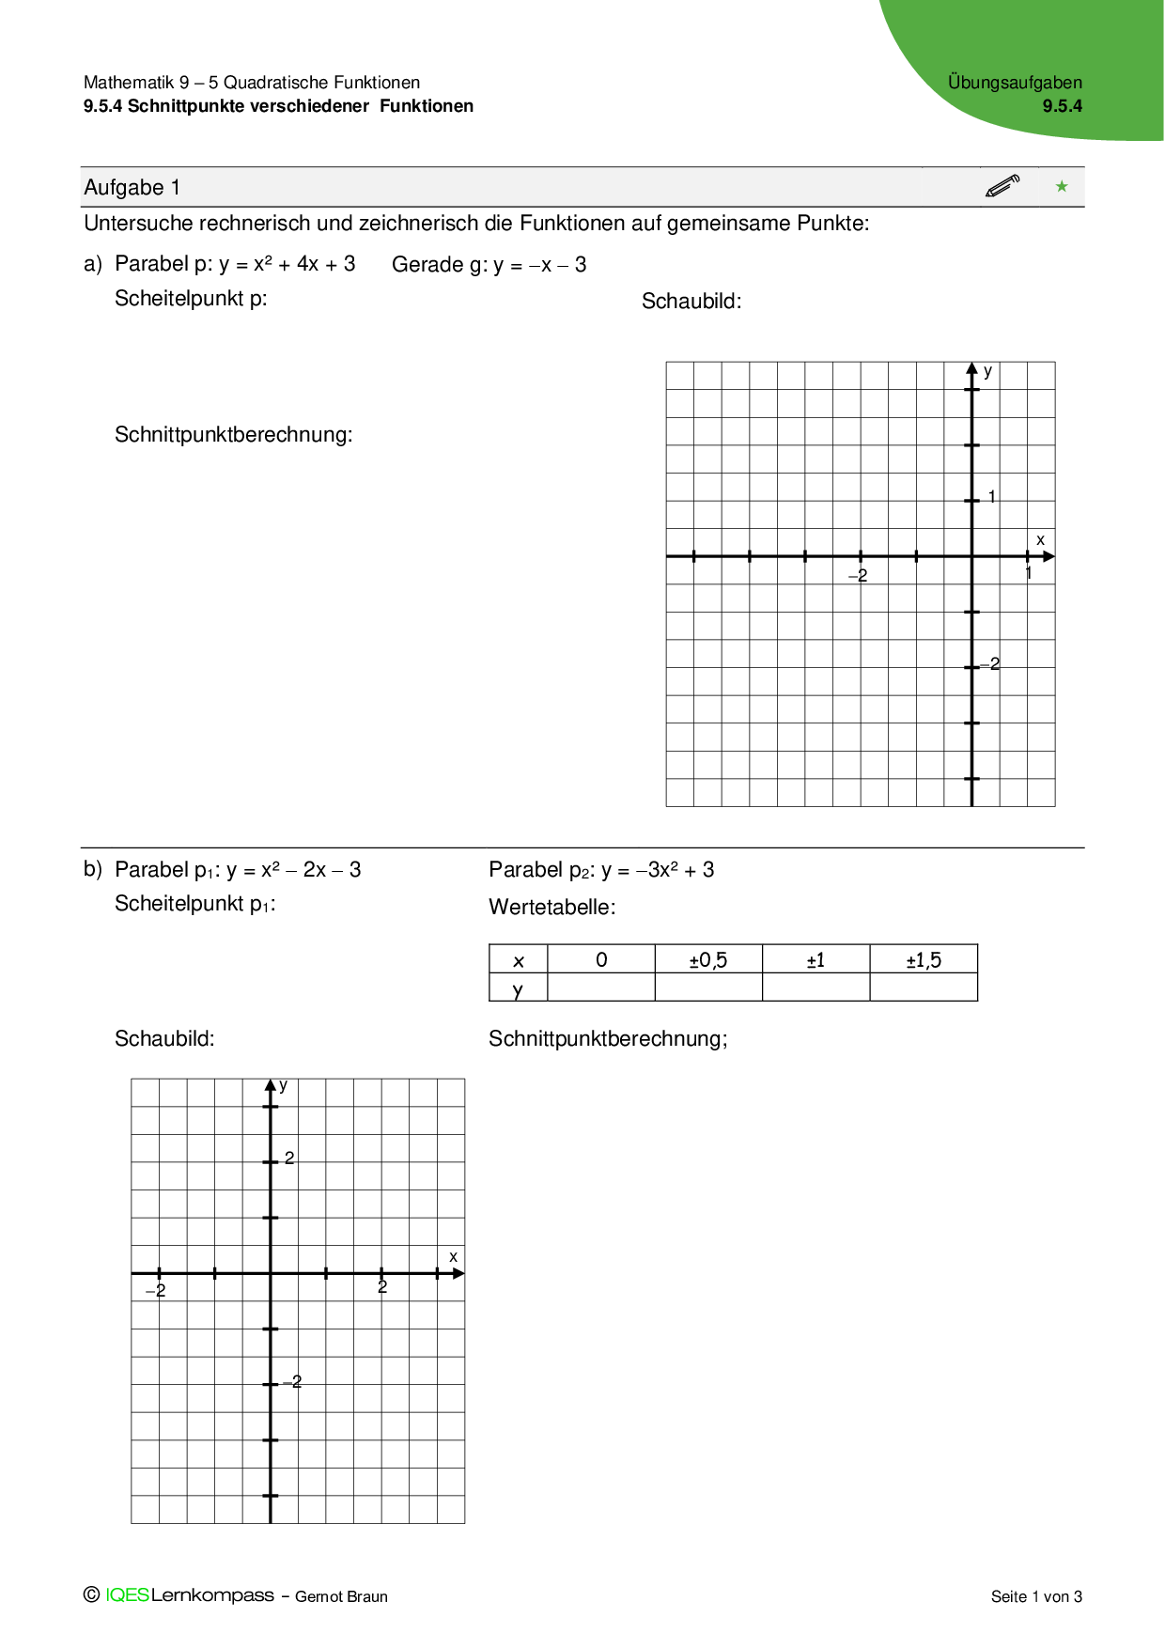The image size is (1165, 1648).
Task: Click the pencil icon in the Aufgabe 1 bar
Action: [x=1002, y=186]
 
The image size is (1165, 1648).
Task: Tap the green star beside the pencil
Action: [x=1062, y=186]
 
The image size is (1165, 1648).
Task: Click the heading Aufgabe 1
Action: [x=132, y=188]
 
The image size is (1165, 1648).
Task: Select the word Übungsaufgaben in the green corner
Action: [x=1015, y=83]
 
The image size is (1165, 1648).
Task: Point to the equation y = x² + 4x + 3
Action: [x=287, y=264]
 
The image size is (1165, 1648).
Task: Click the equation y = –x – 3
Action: [x=540, y=265]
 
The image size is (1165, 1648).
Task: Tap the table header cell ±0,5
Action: [x=708, y=960]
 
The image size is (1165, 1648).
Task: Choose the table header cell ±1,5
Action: [x=924, y=960]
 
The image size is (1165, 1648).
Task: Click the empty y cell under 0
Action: [x=601, y=987]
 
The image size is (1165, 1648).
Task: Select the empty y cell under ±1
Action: [x=815, y=987]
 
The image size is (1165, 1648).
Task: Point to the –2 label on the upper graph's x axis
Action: [x=858, y=575]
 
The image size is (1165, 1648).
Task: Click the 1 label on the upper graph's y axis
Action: [x=992, y=497]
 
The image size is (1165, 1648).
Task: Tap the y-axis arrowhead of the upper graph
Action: [x=972, y=369]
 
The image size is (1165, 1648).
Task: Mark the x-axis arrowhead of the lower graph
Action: [x=458, y=1274]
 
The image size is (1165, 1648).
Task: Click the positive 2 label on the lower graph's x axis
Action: [x=382, y=1287]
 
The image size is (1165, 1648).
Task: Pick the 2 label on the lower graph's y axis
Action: [x=289, y=1158]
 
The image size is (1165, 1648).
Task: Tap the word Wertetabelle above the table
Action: [x=551, y=908]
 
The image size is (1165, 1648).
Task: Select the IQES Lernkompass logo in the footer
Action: [x=189, y=1595]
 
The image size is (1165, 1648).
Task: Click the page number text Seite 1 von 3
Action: [x=1036, y=1596]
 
